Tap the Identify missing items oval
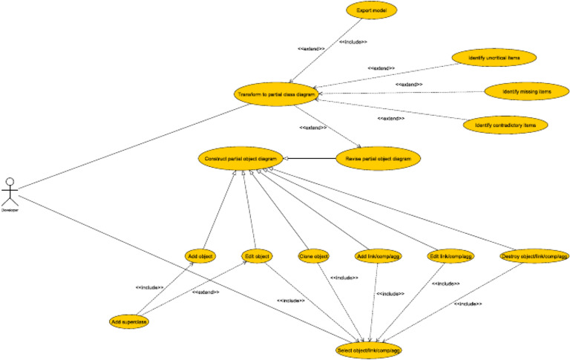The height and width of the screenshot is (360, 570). click(x=527, y=91)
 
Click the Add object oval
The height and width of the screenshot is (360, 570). click(x=200, y=256)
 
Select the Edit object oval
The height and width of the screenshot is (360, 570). click(x=258, y=256)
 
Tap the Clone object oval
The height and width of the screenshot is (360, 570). click(x=314, y=256)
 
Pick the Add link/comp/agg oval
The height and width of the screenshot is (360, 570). click(x=379, y=256)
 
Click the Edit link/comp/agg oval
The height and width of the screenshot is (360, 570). click(x=451, y=256)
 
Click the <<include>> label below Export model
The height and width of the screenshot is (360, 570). click(x=353, y=42)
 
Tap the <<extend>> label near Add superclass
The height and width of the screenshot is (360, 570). click(x=205, y=292)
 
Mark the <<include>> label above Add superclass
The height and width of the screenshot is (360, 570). click(x=150, y=287)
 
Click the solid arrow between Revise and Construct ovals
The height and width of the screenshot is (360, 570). click(x=310, y=158)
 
